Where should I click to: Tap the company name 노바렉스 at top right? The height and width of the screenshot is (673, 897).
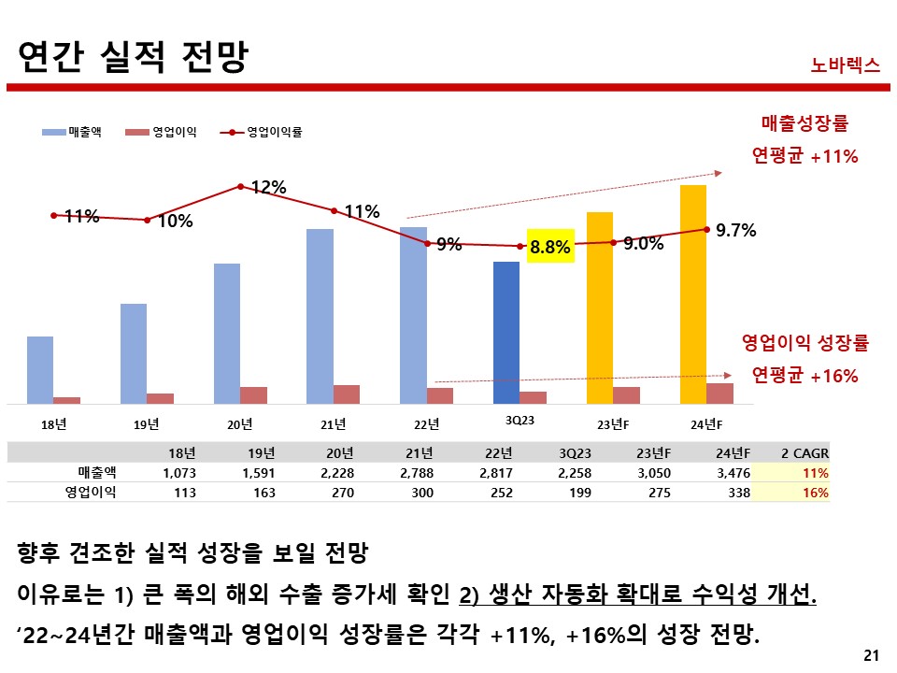pos(846,65)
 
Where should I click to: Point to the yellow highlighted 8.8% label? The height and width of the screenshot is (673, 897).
pos(549,247)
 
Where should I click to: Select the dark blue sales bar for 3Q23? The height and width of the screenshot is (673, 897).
pos(506,332)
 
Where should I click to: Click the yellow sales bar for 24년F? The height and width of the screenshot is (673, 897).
pos(692,294)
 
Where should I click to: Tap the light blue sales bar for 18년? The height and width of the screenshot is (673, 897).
pos(40,369)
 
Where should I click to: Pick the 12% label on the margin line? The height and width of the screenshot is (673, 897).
pos(268,188)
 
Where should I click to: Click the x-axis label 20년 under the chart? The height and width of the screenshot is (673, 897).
pos(240,424)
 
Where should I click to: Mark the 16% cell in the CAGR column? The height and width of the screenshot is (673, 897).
pos(816,493)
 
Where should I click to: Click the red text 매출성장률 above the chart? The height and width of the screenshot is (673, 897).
pos(804,122)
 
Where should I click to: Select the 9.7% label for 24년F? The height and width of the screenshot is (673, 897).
pos(735,230)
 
